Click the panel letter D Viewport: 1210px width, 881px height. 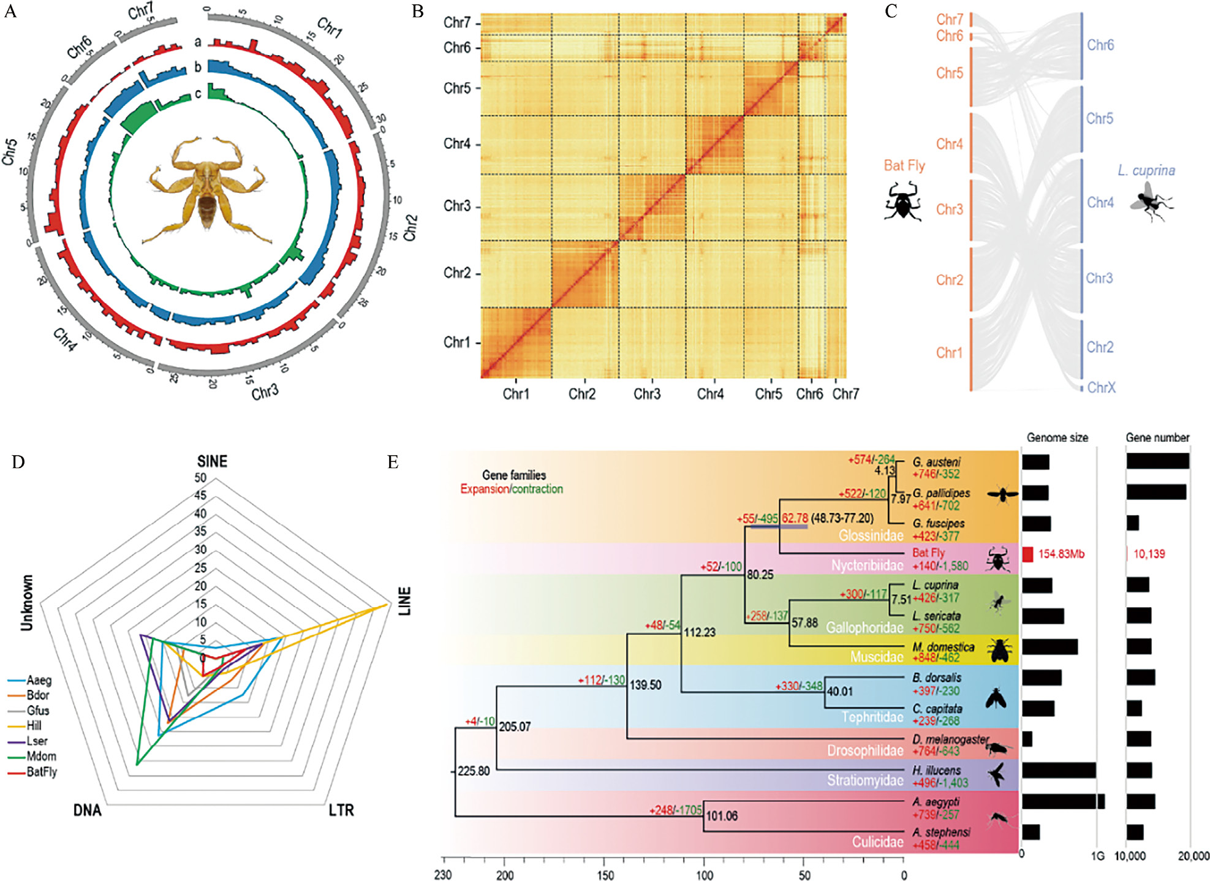point(18,462)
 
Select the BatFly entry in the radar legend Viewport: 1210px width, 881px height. point(41,772)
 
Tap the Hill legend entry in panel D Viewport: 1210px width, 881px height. point(34,726)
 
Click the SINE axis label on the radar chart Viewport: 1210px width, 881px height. point(212,461)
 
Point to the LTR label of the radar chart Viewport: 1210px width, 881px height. point(341,811)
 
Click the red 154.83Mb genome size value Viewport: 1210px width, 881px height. point(1061,554)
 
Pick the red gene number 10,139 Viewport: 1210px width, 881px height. point(1149,554)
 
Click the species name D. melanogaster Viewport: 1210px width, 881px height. point(950,739)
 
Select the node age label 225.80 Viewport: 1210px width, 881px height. point(474,771)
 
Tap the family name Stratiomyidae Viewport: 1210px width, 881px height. point(865,781)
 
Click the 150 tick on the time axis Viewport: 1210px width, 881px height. point(605,875)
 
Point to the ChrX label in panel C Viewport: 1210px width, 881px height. point(1102,387)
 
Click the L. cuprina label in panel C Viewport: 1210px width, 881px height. point(1146,170)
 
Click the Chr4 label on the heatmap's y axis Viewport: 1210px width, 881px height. point(457,144)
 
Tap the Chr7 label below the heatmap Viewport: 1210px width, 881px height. point(845,394)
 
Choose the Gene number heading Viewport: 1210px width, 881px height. point(1157,437)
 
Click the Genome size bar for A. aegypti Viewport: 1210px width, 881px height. point(1063,801)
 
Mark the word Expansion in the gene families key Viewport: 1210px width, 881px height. point(484,489)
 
